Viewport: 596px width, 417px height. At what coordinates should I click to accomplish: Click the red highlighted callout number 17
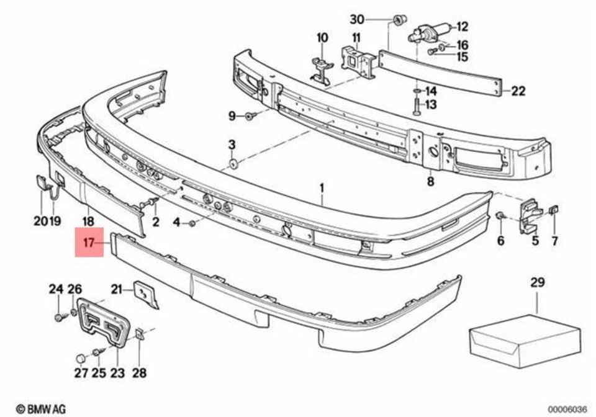88,243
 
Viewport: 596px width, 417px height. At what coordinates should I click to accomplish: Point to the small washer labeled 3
232,164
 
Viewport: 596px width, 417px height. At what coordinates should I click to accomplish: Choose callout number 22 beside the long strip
518,91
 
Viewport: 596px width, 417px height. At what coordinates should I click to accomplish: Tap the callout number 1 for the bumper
322,187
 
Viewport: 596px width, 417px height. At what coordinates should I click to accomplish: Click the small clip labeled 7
554,211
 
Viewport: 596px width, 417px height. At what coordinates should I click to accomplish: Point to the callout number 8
430,182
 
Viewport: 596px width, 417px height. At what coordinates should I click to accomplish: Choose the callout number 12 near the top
463,27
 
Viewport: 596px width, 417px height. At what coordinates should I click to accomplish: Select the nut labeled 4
194,222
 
